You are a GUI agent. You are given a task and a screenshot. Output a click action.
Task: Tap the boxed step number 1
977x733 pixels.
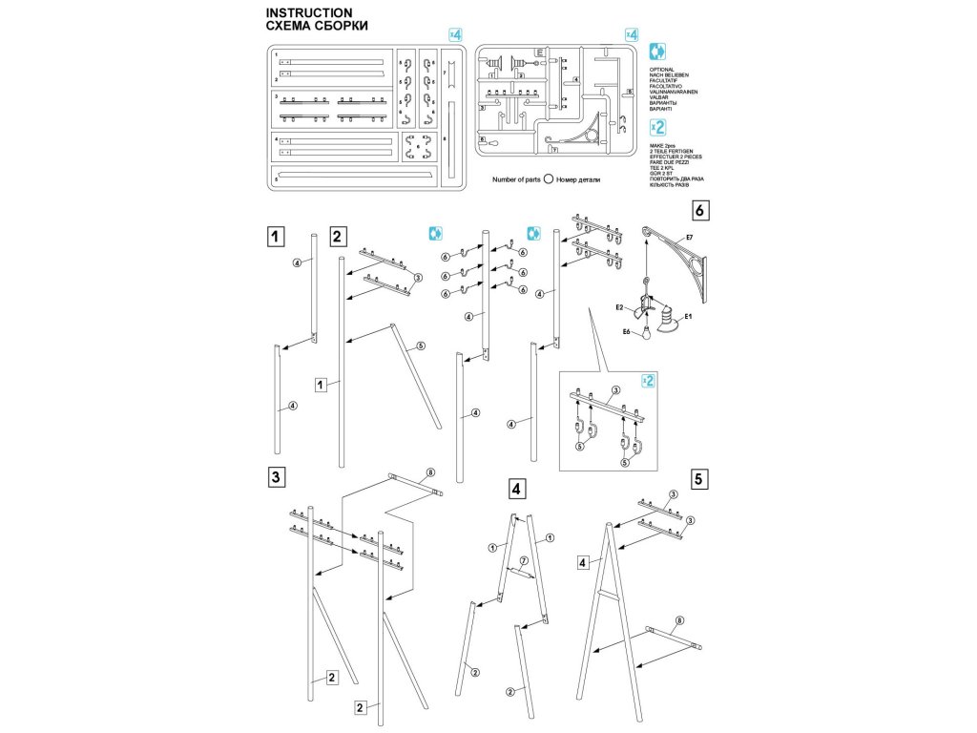[x=275, y=236]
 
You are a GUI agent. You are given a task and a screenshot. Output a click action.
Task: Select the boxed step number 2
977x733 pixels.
[x=338, y=236]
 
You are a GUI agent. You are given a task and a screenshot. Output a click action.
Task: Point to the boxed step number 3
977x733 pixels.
[x=275, y=478]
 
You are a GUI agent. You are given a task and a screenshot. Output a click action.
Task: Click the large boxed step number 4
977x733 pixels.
[x=516, y=490]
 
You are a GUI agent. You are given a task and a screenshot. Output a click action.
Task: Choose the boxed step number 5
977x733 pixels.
[x=700, y=479]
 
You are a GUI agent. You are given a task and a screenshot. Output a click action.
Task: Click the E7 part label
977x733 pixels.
[x=689, y=236]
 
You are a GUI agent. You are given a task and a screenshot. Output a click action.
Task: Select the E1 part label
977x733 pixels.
[x=687, y=315]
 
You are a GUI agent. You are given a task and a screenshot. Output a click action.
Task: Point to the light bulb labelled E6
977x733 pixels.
[x=647, y=330]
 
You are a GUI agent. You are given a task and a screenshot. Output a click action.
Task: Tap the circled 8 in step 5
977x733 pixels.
[x=679, y=621]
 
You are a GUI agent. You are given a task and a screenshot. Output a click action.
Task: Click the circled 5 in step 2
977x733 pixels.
[x=421, y=346]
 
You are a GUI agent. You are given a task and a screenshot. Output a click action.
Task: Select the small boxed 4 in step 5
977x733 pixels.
[x=581, y=563]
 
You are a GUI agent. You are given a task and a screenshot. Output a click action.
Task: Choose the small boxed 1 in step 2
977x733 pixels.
[x=322, y=385]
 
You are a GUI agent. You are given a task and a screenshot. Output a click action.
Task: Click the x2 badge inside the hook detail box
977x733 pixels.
[x=649, y=382]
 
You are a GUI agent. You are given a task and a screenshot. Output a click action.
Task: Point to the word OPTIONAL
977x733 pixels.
[x=662, y=70]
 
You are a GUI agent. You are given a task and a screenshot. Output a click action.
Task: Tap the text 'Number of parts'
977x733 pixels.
[x=516, y=178]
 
